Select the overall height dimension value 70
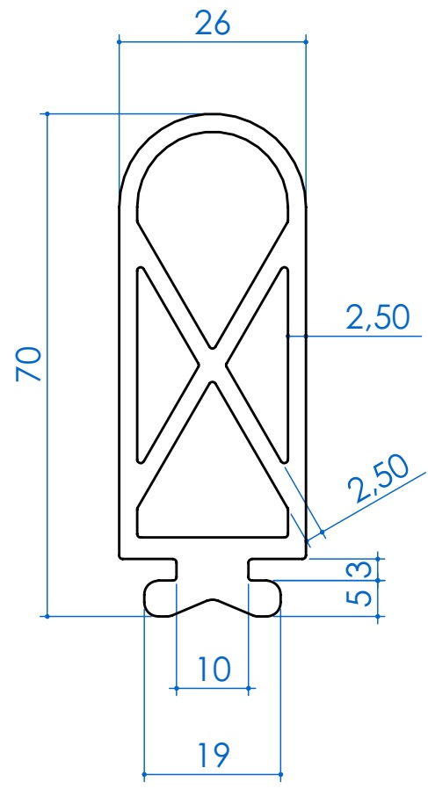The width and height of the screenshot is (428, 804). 29,364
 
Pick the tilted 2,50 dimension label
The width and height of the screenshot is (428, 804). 377,479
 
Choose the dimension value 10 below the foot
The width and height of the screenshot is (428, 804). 212,670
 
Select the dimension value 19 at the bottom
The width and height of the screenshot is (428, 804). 212,753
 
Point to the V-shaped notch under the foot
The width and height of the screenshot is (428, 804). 212,603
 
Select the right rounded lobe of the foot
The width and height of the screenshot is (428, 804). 265,598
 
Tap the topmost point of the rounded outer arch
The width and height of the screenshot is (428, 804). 212,114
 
